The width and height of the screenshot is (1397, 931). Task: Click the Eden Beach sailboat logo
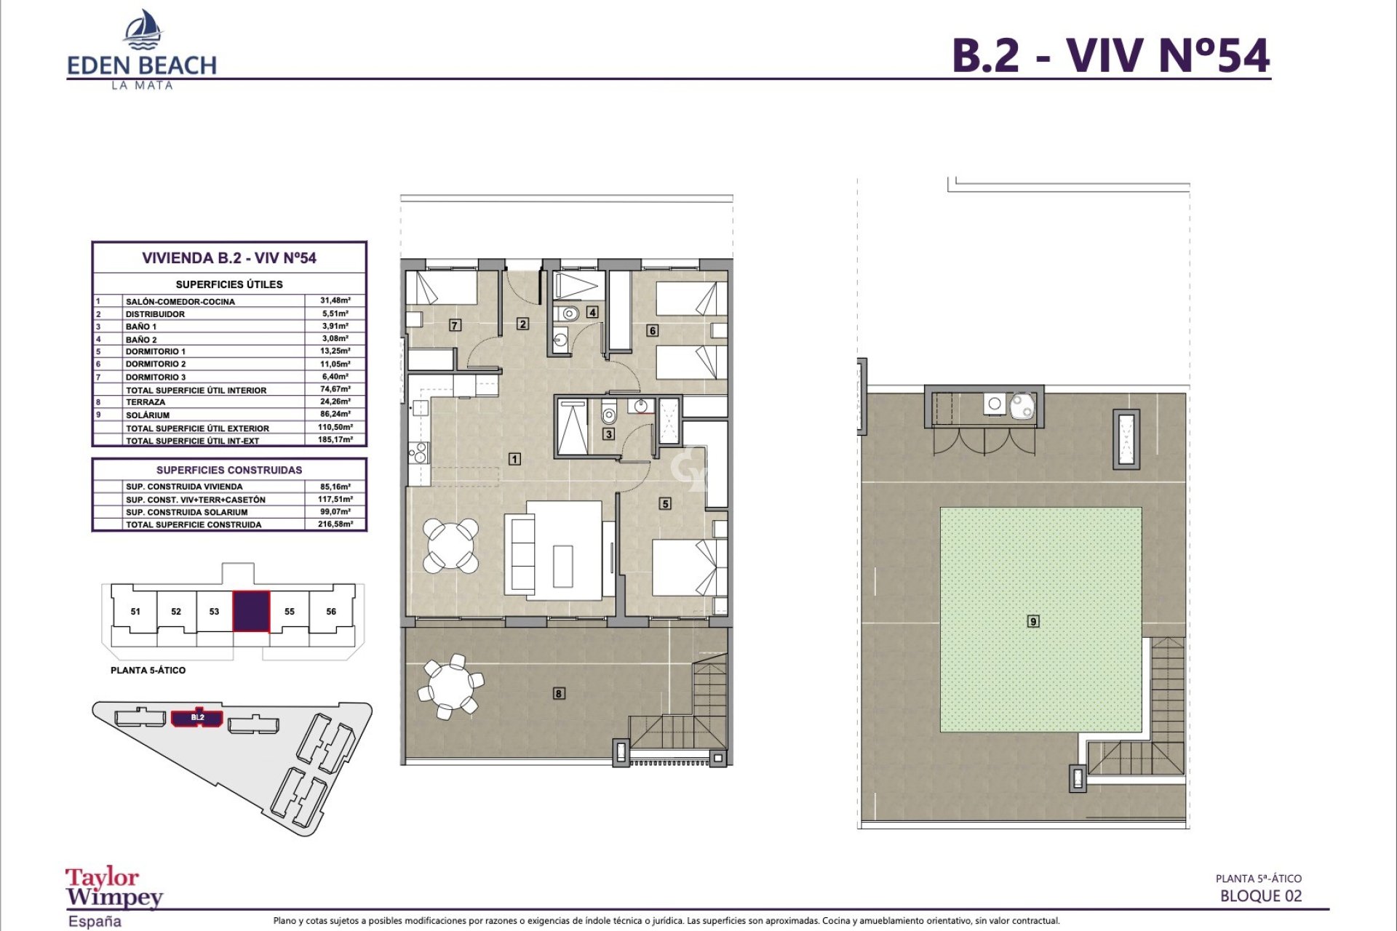[x=143, y=30]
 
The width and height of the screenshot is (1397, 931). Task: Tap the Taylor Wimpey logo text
[x=114, y=887]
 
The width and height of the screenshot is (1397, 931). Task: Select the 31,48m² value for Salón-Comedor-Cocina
[x=335, y=300]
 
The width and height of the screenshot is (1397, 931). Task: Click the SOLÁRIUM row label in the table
[x=148, y=415]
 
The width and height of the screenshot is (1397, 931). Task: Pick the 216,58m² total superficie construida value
[x=335, y=524]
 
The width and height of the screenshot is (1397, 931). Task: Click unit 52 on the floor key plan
[x=176, y=612]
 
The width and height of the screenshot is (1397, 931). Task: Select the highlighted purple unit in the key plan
[x=251, y=611]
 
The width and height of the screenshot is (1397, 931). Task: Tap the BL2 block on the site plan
[x=197, y=718]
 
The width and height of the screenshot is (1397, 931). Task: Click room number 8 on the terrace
[x=559, y=693]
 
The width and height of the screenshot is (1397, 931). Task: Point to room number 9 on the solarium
[x=1033, y=621]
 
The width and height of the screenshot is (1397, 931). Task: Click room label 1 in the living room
[x=514, y=459]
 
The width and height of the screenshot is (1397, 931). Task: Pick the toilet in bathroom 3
[x=609, y=415]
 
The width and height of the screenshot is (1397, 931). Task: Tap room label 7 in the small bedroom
[x=455, y=325]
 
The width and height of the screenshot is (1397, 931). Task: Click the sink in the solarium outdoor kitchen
[x=994, y=404]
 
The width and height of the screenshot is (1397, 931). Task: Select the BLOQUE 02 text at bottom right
[x=1260, y=896]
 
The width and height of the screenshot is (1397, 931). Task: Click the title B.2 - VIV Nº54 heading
[x=1110, y=55]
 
